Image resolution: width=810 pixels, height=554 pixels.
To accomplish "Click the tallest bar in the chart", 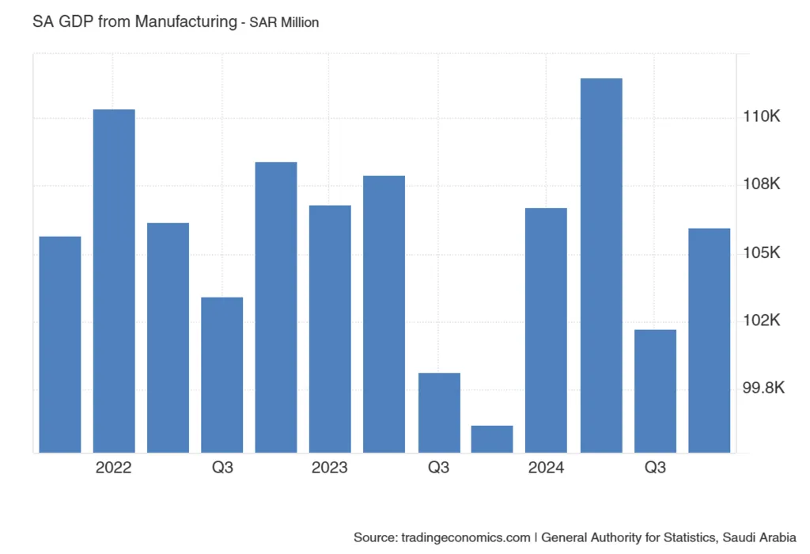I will tap(601, 265).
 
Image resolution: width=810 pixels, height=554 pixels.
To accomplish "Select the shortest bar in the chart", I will tap(492, 439).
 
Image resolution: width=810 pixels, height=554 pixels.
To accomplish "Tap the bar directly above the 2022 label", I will tap(114, 281).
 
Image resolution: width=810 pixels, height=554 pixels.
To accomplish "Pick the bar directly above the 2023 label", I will tap(330, 328).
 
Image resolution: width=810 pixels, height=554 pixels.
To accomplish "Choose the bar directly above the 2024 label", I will tap(546, 330).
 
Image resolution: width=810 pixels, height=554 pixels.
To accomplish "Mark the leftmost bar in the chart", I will tap(60, 344).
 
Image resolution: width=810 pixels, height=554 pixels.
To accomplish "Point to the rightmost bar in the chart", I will tap(710, 340).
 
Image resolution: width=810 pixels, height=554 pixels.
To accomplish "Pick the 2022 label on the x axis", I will tap(114, 468).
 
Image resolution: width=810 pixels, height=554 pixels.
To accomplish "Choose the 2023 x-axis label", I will tap(330, 468).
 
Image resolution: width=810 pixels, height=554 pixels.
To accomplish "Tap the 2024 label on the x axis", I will tap(546, 468).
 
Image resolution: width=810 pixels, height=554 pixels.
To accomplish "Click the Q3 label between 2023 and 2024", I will tap(438, 468).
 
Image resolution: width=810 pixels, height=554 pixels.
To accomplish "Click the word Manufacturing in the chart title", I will tap(185, 22).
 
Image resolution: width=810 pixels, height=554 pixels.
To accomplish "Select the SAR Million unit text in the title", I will tap(284, 23).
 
